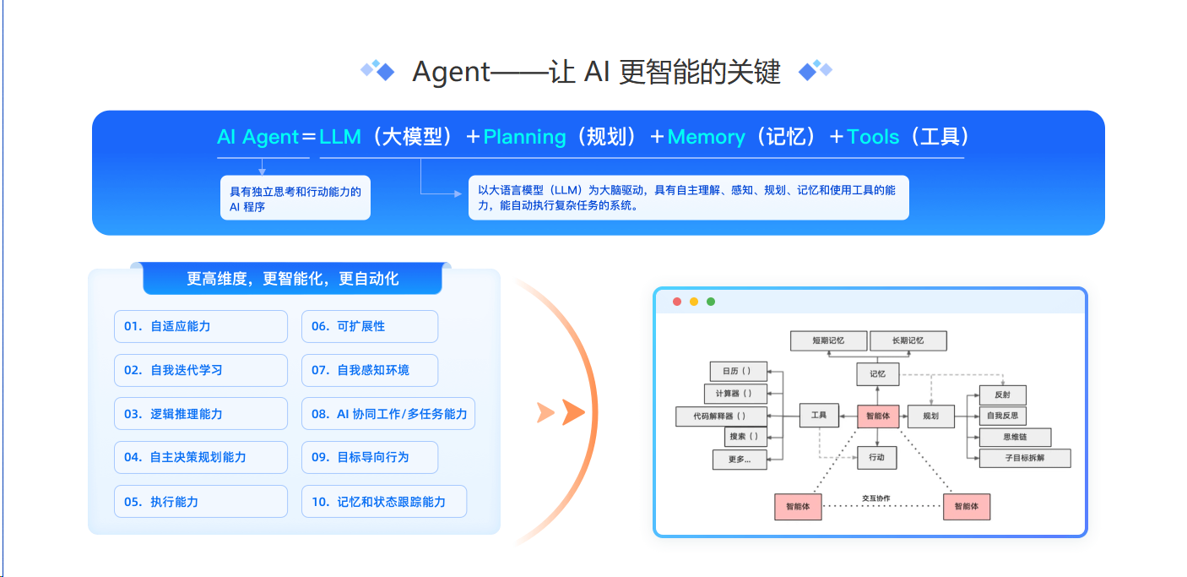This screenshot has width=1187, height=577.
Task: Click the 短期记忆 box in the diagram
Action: [x=828, y=340]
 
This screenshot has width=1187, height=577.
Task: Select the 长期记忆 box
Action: [x=908, y=340]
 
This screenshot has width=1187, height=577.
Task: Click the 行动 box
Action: [x=876, y=457]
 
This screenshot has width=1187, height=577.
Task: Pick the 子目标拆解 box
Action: [x=1024, y=458]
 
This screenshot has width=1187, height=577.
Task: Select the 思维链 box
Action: [x=1014, y=437]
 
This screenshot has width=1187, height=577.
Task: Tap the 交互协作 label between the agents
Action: [x=876, y=498]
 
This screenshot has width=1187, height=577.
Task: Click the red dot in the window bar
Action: [x=677, y=302]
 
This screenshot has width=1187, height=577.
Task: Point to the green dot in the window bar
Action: [x=711, y=302]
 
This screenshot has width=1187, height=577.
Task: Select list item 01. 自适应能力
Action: [x=201, y=326]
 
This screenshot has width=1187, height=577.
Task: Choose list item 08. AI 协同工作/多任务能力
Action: [x=388, y=414]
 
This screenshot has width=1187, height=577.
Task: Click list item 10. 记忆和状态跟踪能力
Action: [x=383, y=502]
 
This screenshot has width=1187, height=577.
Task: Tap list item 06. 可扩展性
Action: [x=369, y=326]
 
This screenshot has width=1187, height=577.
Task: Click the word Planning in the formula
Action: [x=524, y=137]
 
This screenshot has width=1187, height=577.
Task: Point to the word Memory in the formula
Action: [x=707, y=137]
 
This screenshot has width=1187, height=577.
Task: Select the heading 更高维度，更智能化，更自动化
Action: [x=292, y=279]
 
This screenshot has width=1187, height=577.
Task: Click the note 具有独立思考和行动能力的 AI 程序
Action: [x=295, y=199]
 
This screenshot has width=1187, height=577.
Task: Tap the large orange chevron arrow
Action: [x=573, y=412]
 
